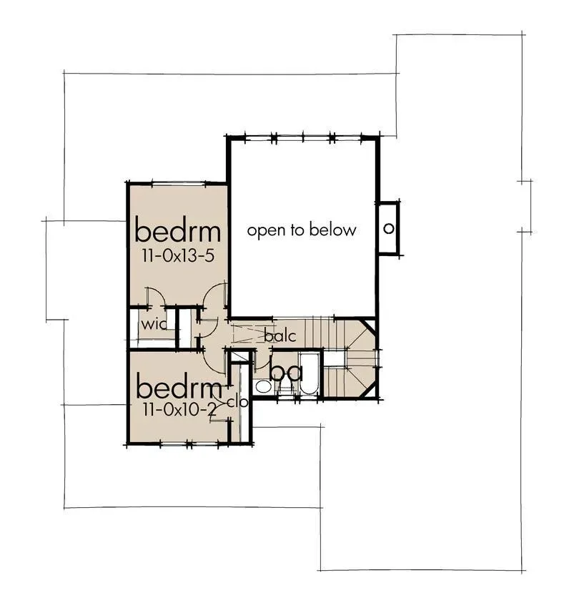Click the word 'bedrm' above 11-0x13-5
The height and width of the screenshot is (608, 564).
pyautogui.click(x=177, y=232)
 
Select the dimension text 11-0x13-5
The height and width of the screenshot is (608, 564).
pyautogui.click(x=178, y=256)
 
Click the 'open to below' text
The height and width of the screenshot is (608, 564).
pyautogui.click(x=302, y=230)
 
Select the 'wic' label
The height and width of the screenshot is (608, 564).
pyautogui.click(x=154, y=324)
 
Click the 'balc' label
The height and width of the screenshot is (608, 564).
pyautogui.click(x=280, y=335)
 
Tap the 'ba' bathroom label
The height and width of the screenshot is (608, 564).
pyautogui.click(x=286, y=373)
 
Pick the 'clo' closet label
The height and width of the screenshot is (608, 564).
pyautogui.click(x=237, y=402)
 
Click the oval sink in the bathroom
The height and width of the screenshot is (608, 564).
pyautogui.click(x=264, y=386)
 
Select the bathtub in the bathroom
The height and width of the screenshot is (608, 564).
pyautogui.click(x=309, y=373)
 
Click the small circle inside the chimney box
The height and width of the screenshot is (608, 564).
pyautogui.click(x=388, y=228)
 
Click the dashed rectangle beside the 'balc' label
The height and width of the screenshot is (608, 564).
pyautogui.click(x=248, y=333)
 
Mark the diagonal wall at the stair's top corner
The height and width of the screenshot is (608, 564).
pyautogui.click(x=368, y=326)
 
